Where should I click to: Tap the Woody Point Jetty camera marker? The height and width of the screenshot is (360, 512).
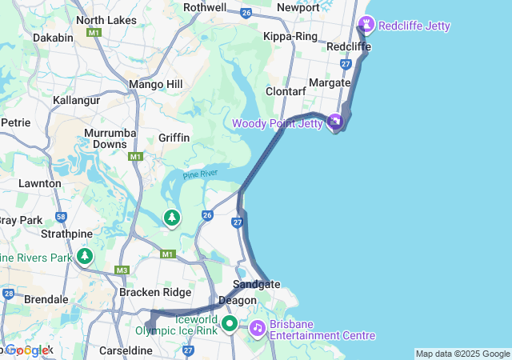[x=335, y=122]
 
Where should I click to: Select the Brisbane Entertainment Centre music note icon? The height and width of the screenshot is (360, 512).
[x=257, y=327]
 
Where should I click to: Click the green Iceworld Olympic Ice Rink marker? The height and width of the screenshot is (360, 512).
[x=230, y=324]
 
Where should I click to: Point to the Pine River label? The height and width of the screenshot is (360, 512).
[x=200, y=174]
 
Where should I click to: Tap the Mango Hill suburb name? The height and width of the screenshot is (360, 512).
[x=156, y=84]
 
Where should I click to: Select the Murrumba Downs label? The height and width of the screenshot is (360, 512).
[x=110, y=138]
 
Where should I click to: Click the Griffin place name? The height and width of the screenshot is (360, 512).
[x=174, y=138]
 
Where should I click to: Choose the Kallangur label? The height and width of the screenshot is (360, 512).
[x=76, y=101]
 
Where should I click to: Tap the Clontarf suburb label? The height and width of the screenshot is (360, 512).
[x=286, y=91]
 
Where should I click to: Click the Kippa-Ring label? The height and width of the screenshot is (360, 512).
[x=290, y=37]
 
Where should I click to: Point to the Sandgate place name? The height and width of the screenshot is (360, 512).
[x=256, y=284]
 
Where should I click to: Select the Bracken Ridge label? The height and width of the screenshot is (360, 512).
[x=155, y=292]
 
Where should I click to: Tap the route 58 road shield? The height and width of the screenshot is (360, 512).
[x=61, y=216]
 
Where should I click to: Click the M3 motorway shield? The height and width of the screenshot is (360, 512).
[x=122, y=270]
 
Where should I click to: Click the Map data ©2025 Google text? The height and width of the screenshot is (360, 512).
[x=462, y=354]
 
